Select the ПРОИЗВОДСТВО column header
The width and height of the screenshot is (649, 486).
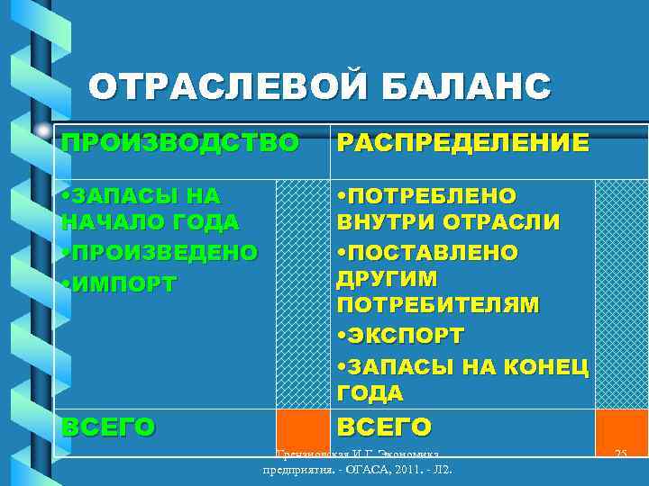click(x=179, y=142)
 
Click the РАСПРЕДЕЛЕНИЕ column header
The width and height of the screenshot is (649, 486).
click(x=462, y=142)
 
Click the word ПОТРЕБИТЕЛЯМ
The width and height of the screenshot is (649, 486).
click(x=437, y=306)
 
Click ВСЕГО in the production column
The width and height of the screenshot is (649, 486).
click(x=108, y=426)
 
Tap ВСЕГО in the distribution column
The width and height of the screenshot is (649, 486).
click(x=384, y=426)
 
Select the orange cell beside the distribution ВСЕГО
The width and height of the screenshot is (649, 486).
click(x=621, y=427)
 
